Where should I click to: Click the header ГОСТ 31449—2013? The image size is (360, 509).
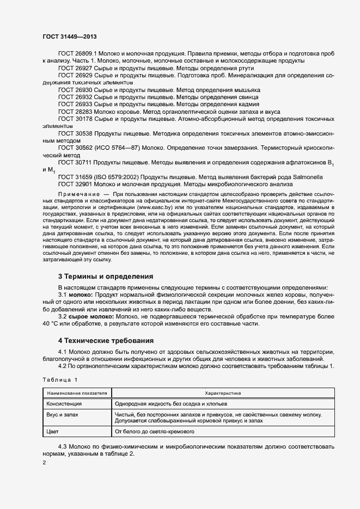tap(70, 35)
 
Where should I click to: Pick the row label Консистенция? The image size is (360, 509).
tap(63, 404)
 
